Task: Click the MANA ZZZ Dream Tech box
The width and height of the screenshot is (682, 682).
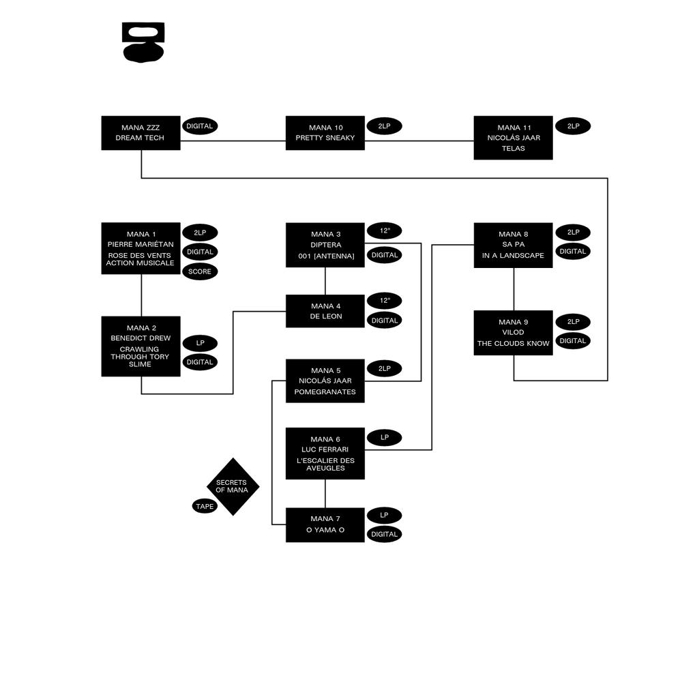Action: (141, 133)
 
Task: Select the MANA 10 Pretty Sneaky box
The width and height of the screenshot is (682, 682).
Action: (325, 133)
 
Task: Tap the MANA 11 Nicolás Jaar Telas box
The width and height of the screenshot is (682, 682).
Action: (514, 138)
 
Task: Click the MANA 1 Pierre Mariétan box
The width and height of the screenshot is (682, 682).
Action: (141, 248)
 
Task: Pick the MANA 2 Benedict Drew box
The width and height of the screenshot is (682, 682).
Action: (141, 346)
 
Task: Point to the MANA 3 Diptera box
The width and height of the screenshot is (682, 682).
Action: (325, 245)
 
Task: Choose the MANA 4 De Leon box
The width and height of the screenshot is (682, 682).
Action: (325, 311)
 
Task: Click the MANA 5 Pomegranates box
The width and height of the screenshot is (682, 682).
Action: (325, 381)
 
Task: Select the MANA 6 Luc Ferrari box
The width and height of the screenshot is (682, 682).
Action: (325, 454)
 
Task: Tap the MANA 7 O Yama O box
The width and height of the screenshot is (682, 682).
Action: (325, 525)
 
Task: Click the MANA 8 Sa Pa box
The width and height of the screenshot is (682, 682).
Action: (514, 246)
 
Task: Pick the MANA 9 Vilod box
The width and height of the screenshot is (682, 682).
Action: (514, 333)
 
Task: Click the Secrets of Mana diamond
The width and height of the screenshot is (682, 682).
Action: (233, 486)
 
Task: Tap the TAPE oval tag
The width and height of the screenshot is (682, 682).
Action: (205, 506)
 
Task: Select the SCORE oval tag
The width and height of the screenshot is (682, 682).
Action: (200, 271)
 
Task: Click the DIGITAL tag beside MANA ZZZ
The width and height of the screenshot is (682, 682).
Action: (200, 126)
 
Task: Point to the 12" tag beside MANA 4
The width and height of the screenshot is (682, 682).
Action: (385, 301)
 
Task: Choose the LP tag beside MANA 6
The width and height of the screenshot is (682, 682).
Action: (385, 437)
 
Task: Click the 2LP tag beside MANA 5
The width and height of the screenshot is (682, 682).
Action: (385, 368)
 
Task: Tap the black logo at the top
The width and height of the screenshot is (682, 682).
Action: (143, 42)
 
